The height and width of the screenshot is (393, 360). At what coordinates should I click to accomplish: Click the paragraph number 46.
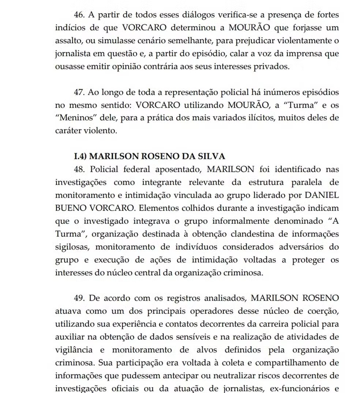click(79, 15)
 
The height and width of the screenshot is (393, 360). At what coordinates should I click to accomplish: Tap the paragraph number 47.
click(79, 92)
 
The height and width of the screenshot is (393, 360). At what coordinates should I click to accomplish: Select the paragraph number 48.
click(79, 169)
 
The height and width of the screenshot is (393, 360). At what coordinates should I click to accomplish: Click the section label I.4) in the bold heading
click(80, 156)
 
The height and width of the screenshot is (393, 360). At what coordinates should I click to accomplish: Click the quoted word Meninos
click(72, 118)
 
